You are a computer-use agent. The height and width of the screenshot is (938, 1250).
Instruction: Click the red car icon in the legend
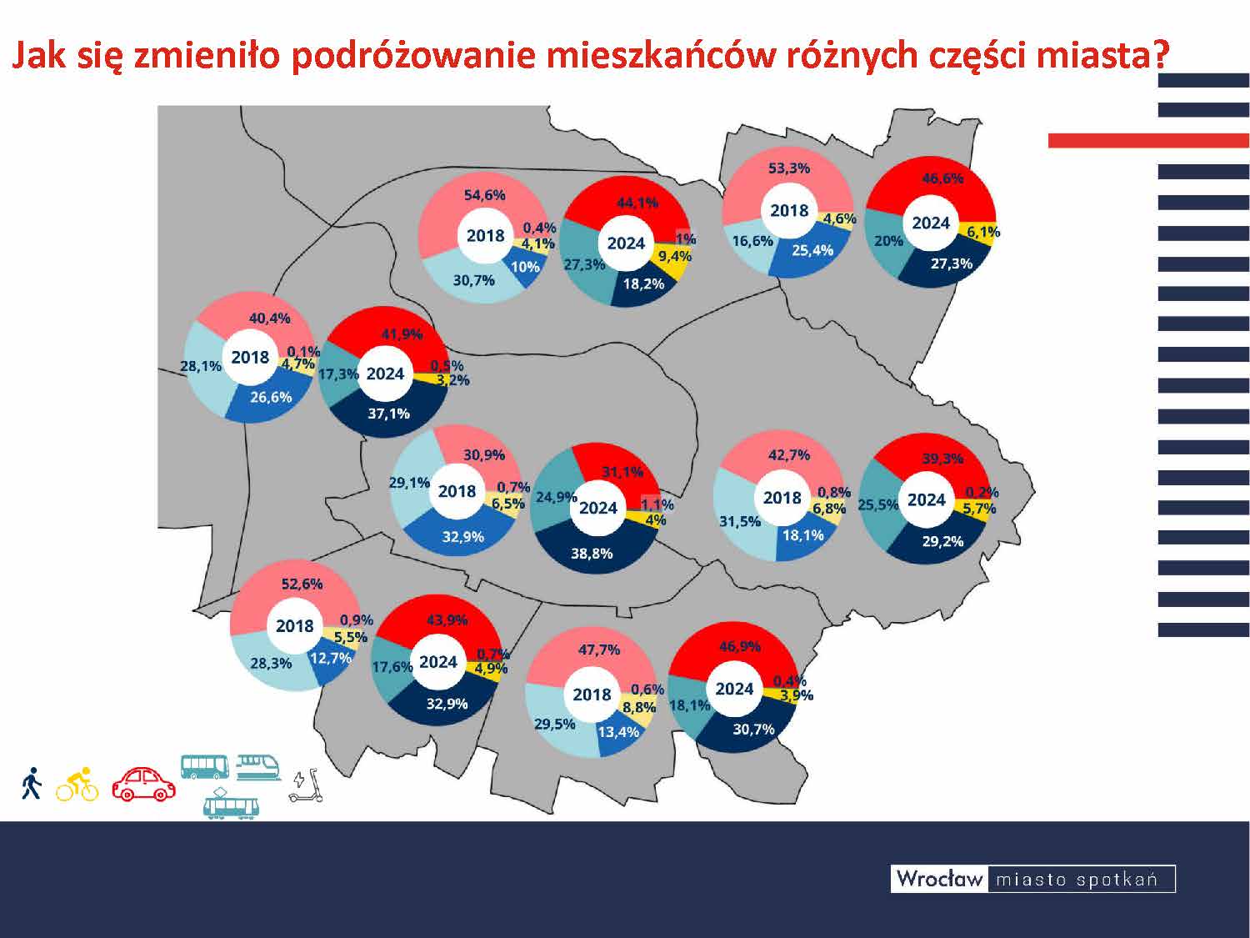(143, 783)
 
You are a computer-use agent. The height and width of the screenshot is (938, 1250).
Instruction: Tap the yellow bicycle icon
(77, 785)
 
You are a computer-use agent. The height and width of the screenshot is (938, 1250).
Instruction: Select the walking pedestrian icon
(32, 783)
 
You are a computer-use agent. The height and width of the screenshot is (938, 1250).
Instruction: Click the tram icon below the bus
(232, 803)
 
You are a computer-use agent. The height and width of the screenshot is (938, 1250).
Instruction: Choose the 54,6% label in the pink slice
(484, 195)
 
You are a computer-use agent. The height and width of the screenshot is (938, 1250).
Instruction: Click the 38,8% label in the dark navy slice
(592, 553)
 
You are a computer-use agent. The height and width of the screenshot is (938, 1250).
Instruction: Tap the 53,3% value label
(788, 168)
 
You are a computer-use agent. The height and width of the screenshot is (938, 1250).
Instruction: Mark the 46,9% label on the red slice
(740, 646)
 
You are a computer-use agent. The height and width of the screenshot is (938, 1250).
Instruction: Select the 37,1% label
(388, 414)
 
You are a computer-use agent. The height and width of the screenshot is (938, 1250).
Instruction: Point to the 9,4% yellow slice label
(675, 256)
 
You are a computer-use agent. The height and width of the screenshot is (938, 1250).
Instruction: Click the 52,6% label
(302, 584)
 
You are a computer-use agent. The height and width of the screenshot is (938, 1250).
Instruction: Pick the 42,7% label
(788, 455)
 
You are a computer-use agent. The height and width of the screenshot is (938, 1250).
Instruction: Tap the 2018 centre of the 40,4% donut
(250, 357)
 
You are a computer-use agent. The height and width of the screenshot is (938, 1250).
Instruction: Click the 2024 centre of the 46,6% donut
(931, 223)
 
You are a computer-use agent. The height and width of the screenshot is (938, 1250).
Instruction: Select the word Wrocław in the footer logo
(940, 879)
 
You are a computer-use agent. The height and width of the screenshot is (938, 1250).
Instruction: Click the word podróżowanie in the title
(413, 56)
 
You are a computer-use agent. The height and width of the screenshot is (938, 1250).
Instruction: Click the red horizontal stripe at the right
(1148, 141)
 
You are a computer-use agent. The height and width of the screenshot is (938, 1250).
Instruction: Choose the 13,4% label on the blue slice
(618, 731)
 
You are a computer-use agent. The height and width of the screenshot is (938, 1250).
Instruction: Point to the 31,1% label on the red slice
(622, 472)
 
